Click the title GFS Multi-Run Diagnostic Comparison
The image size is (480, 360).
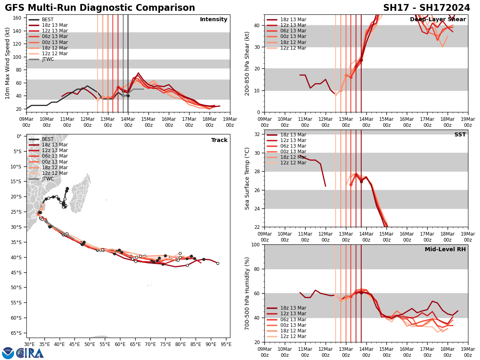tap(100, 8)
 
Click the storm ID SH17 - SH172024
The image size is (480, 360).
tap(426, 8)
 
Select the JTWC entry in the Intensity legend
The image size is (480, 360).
tap(48, 59)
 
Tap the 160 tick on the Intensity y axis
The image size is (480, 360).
tap(18, 18)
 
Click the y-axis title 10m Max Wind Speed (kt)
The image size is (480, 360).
tap(7, 63)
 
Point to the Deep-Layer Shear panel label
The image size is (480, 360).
tap(438, 20)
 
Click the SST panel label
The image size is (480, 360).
tap(460, 135)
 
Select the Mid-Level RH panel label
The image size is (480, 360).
tap(445, 250)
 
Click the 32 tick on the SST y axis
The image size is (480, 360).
tap(258, 134)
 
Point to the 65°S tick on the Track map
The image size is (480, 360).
tap(17, 333)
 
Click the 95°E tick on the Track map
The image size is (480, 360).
tap(226, 343)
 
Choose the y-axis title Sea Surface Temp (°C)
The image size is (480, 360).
tap(247, 178)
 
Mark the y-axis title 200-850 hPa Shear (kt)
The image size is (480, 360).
tap(247, 63)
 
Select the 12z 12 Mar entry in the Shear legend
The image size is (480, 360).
tap(293, 48)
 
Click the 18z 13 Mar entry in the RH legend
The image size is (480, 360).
tap(293, 308)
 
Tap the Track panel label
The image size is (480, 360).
tap(219, 140)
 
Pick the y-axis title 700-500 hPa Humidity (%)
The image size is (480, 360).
tap(247, 293)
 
